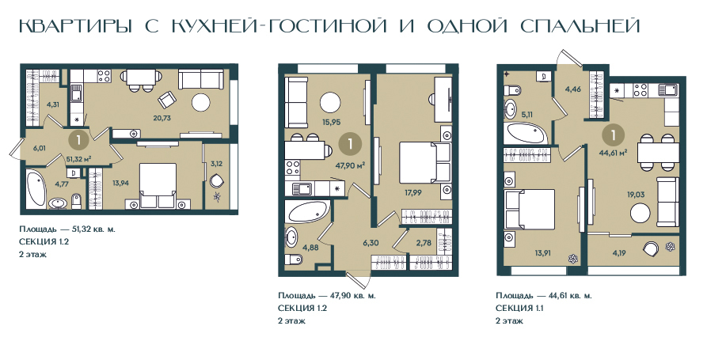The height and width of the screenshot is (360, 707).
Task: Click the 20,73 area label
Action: coord(162,119)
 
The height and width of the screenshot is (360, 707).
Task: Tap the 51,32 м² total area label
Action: coord(79,158)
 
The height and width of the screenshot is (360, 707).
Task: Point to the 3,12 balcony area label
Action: coord(216,164)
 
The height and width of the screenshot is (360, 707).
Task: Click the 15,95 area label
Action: coord(331,122)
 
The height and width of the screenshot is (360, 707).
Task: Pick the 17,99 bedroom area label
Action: coord(413,192)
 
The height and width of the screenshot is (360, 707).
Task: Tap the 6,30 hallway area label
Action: coord(371,243)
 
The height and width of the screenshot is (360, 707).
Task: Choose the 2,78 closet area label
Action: coord(424,243)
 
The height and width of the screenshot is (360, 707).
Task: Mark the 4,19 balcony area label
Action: coord(620,253)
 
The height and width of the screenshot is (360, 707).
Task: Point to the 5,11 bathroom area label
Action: coord(526,115)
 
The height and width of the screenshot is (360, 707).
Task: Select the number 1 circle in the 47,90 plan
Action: coord(351,144)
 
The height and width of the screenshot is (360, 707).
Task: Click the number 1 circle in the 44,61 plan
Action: coord(614,135)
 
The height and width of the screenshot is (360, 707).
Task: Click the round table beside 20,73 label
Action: coord(201,103)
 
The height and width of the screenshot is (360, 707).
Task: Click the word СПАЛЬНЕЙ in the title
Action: coord(580,26)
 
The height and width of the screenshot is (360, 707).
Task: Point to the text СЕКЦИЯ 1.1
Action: coord(519,309)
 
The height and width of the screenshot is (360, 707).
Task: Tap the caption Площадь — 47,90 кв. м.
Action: coord(327,296)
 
